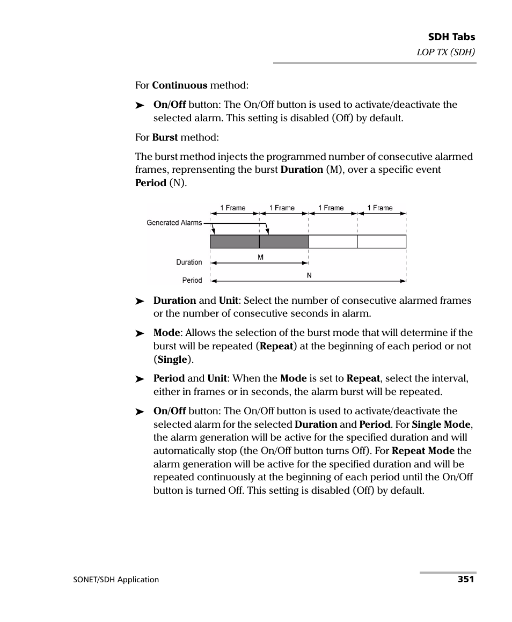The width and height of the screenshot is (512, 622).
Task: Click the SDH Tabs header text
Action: (x=451, y=37)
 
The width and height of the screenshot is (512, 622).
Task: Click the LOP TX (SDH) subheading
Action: (x=447, y=52)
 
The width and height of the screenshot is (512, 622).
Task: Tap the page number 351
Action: (x=466, y=579)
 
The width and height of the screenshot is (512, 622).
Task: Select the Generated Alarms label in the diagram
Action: (x=174, y=223)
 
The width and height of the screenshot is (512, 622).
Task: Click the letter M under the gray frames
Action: (x=260, y=257)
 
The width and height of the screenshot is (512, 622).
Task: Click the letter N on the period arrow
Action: (x=309, y=275)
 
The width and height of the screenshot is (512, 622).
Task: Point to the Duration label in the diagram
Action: (x=189, y=262)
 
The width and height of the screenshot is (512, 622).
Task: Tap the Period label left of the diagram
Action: (x=192, y=280)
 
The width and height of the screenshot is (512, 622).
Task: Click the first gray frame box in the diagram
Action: (x=235, y=242)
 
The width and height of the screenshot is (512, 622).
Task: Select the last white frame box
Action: (x=382, y=242)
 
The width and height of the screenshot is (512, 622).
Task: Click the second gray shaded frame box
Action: (x=284, y=242)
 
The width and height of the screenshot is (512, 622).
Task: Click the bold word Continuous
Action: (x=179, y=85)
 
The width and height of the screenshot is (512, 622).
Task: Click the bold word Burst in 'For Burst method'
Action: (x=165, y=137)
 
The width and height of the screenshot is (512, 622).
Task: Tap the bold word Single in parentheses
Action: (x=172, y=359)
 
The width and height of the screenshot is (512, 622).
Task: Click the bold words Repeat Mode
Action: (x=423, y=451)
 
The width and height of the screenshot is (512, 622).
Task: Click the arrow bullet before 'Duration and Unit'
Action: (x=140, y=301)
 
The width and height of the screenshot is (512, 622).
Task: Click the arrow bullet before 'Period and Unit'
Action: (x=140, y=379)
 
